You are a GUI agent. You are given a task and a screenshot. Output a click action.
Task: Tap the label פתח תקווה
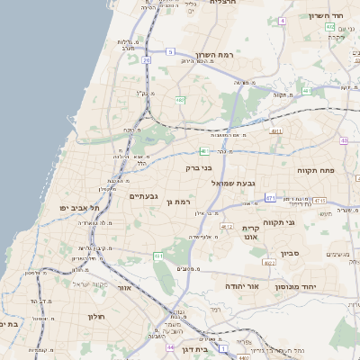point(317,168)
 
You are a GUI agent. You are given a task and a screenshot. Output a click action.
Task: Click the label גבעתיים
point(144,195)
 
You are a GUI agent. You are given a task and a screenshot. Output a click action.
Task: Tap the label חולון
point(97,317)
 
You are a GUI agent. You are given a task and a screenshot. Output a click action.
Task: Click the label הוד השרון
point(327,16)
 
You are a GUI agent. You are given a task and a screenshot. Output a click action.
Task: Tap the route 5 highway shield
point(170,52)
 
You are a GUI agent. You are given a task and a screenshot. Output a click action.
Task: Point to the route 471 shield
point(271,196)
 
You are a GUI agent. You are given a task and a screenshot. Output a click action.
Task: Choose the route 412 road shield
point(228,227)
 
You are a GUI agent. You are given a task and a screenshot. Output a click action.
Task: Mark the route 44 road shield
point(170,346)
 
